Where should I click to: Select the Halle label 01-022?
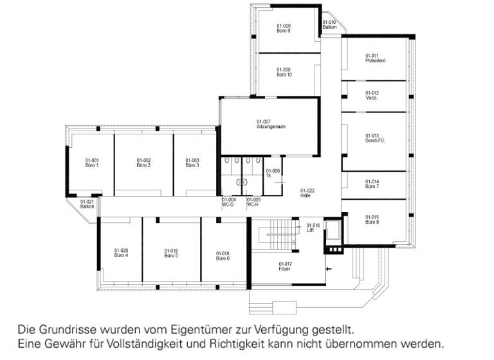(307, 193)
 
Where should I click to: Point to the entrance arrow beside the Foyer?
(329, 269)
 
